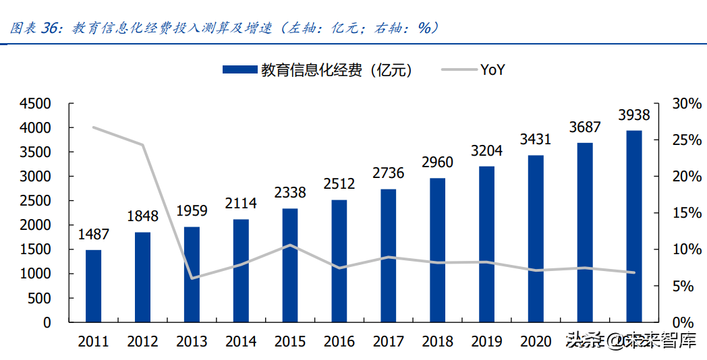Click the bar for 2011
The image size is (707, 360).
[93, 286]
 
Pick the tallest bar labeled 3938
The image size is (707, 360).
[633, 226]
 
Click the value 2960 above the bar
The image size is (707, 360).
[437, 162]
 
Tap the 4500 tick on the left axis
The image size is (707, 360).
[36, 104]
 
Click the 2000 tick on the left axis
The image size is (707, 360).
[36, 225]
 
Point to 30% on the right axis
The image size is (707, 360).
[685, 104]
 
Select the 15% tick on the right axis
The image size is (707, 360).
[685, 213]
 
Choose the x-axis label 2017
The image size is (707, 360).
[388, 342]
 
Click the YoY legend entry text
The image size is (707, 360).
[492, 69]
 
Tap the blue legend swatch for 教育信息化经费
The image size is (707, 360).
[239, 69]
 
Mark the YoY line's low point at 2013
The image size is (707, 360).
[192, 278]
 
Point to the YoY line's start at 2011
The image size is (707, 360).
[93, 127]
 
